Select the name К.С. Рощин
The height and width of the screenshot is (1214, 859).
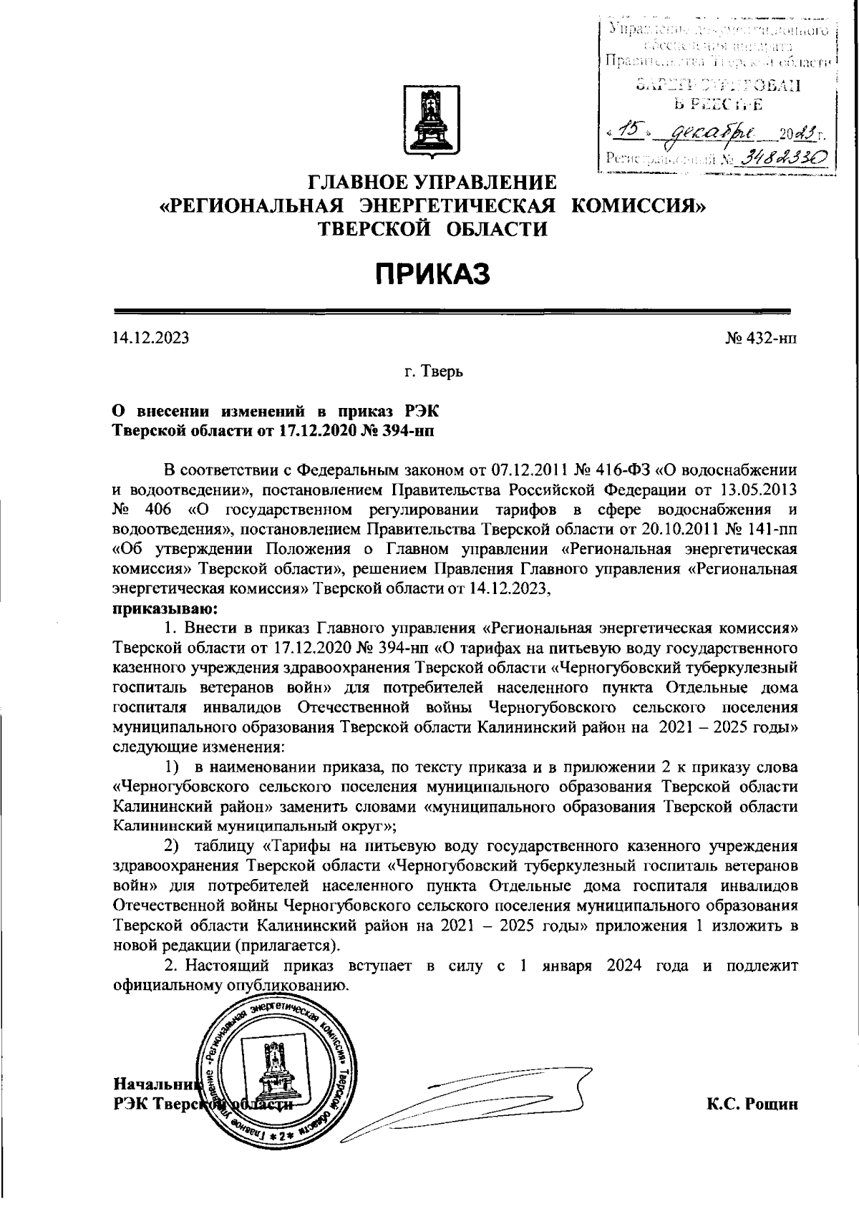[752, 1104]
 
